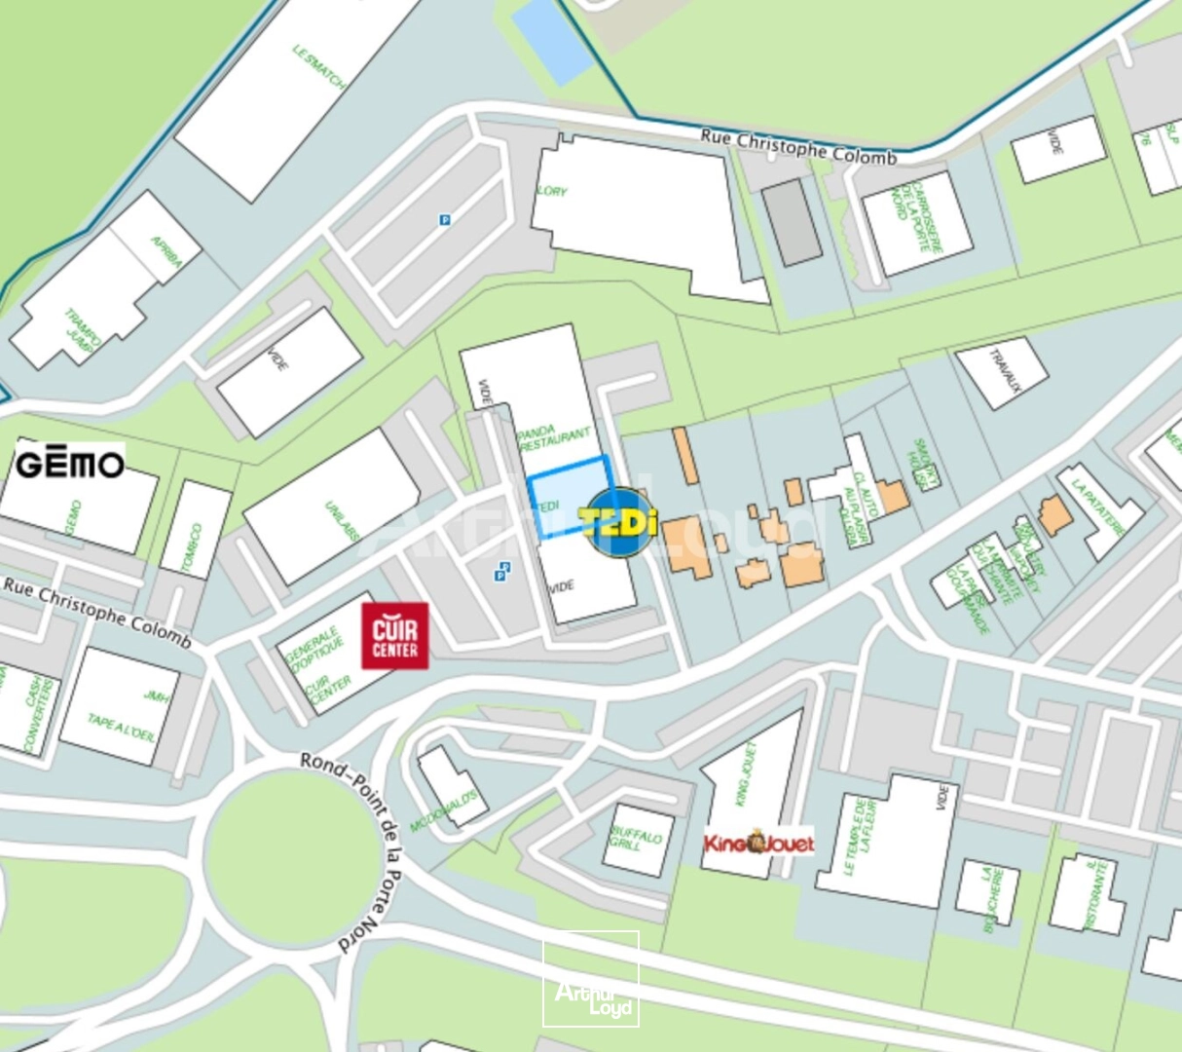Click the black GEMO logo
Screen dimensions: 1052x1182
click(70, 464)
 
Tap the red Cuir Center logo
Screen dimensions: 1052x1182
click(394, 636)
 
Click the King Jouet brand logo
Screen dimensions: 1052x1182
click(758, 843)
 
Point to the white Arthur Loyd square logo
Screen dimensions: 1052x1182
click(591, 979)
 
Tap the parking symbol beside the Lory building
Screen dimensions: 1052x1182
click(445, 220)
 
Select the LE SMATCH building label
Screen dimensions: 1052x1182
click(319, 66)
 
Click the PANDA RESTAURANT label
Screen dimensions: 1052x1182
click(553, 438)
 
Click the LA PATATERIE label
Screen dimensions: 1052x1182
click(1097, 507)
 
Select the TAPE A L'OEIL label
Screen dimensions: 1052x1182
click(121, 727)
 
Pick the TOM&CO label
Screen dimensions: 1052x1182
click(196, 547)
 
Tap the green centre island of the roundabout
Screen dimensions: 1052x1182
click(291, 856)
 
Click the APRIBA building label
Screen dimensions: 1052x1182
click(166, 251)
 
